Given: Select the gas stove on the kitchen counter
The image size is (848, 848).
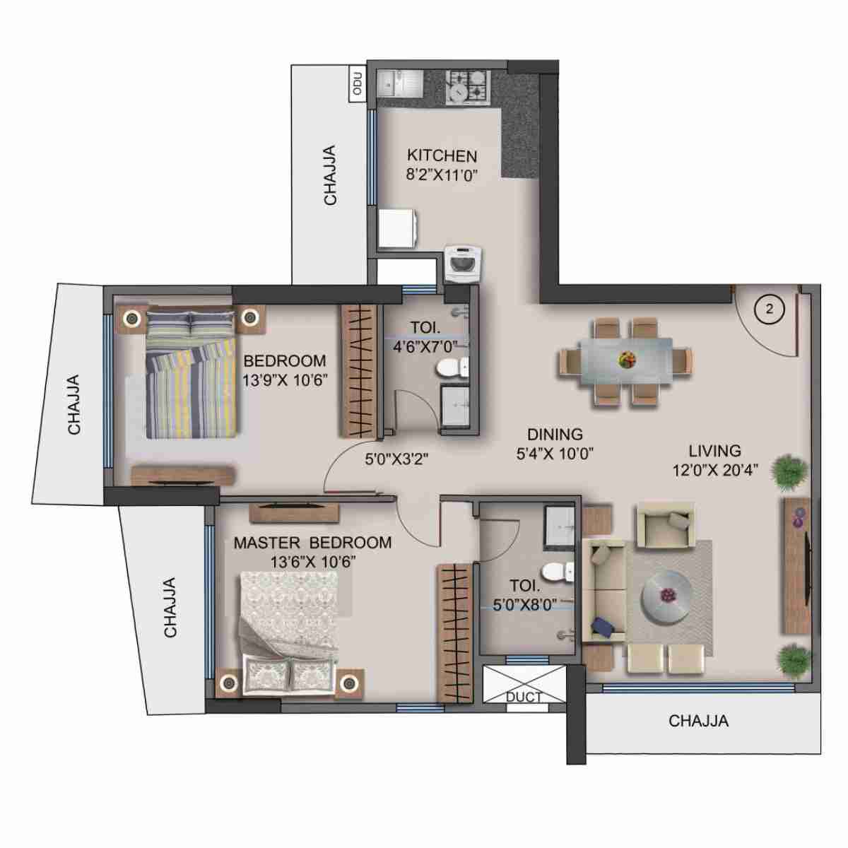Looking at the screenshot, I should (467, 86).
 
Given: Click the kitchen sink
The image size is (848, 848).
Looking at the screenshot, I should (399, 84).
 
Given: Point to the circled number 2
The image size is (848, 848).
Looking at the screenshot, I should (770, 309).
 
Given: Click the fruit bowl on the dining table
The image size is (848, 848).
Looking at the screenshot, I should (625, 359).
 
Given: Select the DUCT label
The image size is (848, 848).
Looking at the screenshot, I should (524, 696).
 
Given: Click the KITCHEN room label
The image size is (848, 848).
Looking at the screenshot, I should (442, 156).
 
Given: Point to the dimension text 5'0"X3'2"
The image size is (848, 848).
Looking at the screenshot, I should (396, 458).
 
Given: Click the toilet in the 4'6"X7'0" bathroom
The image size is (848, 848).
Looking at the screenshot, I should (452, 367).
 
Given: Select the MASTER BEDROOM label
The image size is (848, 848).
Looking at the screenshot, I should (312, 543).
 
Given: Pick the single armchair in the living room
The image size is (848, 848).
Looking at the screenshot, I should (665, 525).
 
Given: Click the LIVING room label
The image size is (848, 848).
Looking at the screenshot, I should (715, 450).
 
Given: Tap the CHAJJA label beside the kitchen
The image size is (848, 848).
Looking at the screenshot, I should (330, 175).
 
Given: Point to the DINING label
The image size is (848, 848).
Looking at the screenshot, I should (555, 435).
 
